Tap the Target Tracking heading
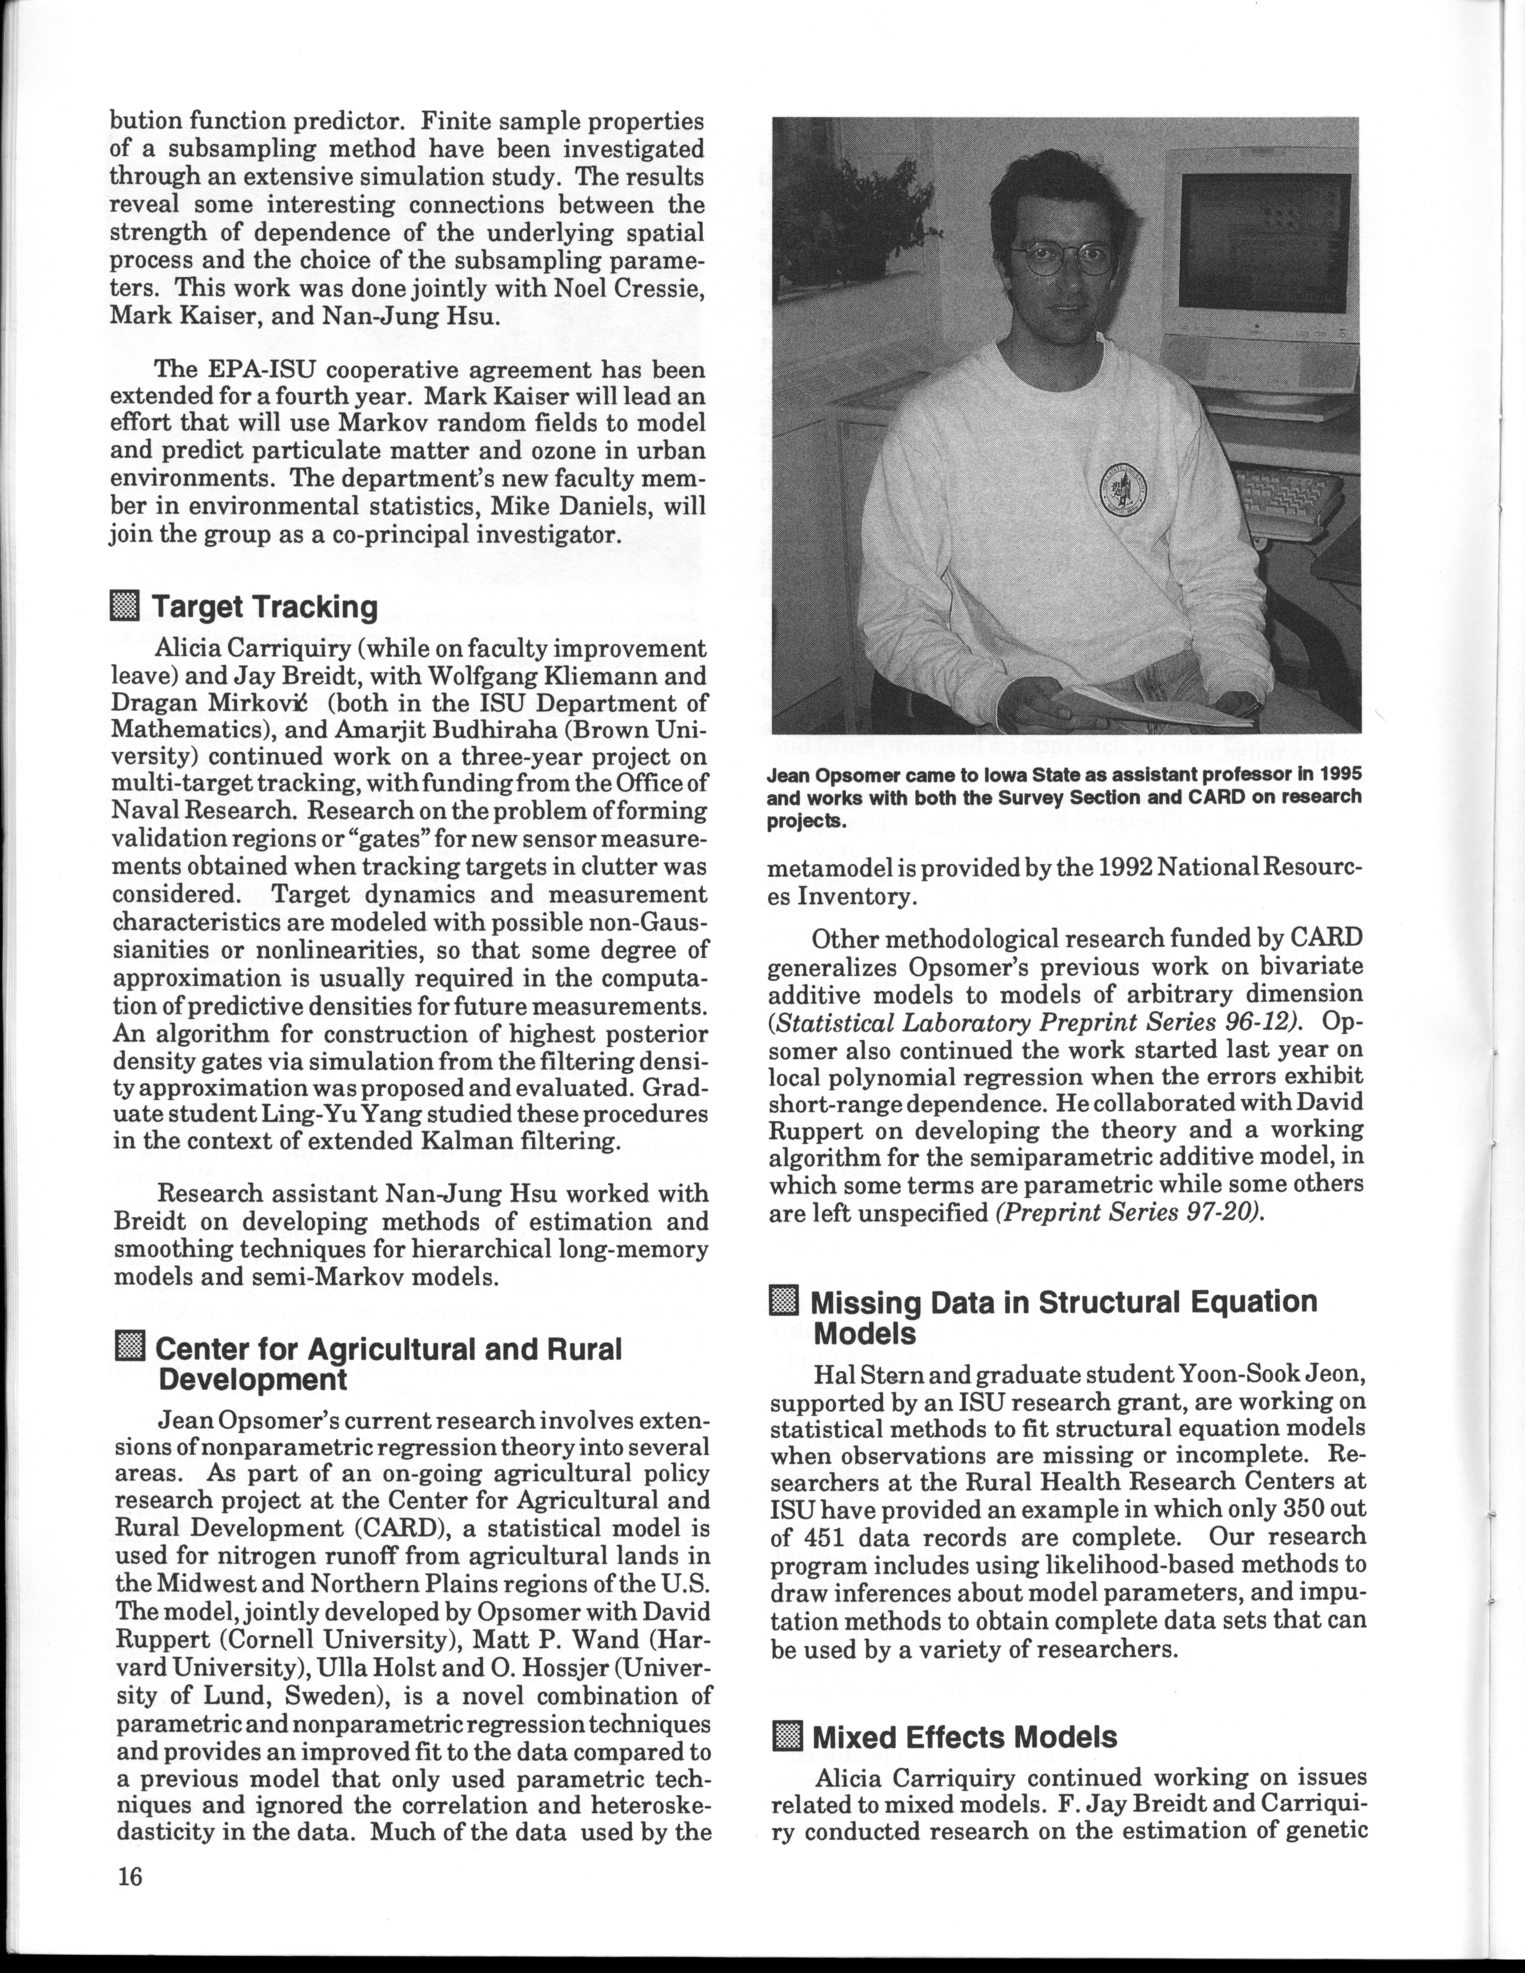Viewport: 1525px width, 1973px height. click(264, 607)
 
